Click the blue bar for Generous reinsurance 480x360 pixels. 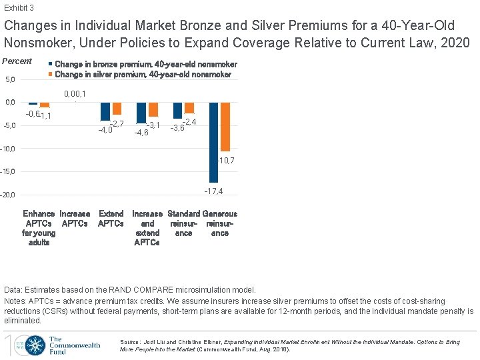pos(213,142)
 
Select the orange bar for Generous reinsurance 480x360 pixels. pos(225,127)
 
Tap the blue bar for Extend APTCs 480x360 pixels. pos(105,111)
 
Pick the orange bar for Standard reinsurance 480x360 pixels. pos(189,108)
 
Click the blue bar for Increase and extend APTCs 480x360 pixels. pos(141,113)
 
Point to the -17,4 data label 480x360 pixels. pos(213,191)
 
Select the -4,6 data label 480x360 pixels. pos(141,133)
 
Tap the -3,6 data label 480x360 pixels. pos(177,128)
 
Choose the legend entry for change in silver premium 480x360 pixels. pos(143,75)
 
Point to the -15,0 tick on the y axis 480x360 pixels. pos(8,172)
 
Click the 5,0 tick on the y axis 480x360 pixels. pos(10,80)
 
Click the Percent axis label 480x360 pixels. pos(17,61)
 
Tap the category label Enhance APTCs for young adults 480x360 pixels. pos(39,228)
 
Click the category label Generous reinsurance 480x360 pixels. pos(219,223)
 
